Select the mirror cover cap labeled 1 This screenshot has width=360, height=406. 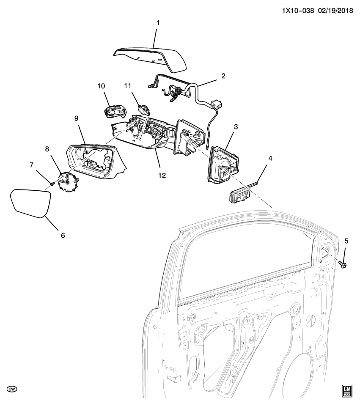point(152,58)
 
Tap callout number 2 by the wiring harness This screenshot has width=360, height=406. point(223,76)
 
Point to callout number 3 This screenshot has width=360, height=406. point(236,127)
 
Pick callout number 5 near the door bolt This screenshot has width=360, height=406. point(346,241)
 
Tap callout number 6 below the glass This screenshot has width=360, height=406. point(63,235)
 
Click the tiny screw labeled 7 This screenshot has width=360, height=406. point(52,184)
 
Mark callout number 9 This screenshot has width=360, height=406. point(77,119)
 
